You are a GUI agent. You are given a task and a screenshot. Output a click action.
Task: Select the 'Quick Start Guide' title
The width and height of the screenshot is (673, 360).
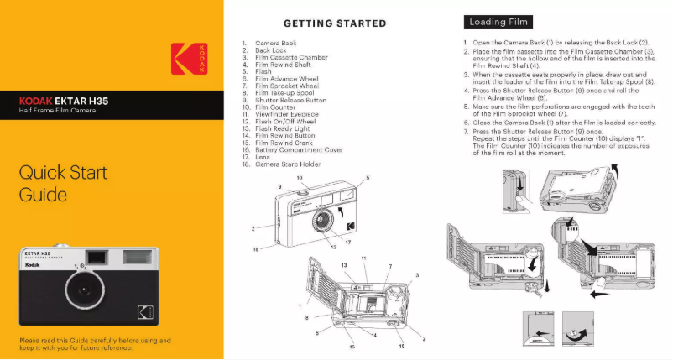[x=64, y=185]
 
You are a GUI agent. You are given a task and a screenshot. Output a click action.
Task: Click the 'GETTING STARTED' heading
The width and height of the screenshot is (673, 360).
[x=335, y=23]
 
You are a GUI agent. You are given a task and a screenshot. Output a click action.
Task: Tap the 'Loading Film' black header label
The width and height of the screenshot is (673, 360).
[x=498, y=22]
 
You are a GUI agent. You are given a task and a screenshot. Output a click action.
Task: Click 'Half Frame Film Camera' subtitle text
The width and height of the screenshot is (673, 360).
[x=57, y=111]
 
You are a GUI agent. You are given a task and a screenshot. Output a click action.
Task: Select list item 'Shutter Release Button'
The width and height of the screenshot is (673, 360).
[x=290, y=100]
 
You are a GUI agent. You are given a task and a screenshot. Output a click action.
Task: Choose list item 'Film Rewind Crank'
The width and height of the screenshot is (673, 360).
[x=285, y=143]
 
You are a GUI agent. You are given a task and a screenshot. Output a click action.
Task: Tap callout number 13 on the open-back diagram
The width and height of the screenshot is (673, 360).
[x=345, y=265]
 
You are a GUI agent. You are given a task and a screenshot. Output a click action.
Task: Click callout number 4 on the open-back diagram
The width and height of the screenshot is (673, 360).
[x=424, y=339]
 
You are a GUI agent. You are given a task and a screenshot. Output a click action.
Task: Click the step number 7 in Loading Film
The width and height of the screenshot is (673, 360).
[x=466, y=132]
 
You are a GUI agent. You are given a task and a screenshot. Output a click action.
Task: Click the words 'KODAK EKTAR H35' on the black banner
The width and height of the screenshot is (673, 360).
[x=64, y=101]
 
